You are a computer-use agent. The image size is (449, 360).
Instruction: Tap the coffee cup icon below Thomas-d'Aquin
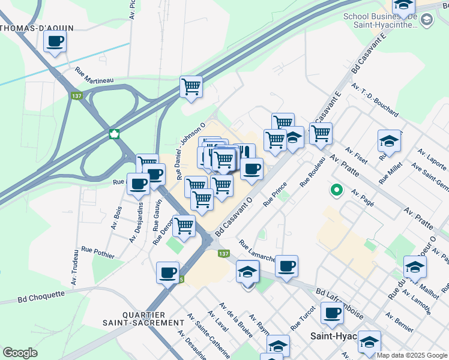click(55, 41)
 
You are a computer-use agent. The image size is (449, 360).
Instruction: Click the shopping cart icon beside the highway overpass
click(191, 86)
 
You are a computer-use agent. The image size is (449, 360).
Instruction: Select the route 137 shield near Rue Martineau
click(77, 96)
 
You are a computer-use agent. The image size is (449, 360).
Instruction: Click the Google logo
click(20, 353)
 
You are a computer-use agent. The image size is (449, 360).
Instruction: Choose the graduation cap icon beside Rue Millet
click(389, 142)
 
